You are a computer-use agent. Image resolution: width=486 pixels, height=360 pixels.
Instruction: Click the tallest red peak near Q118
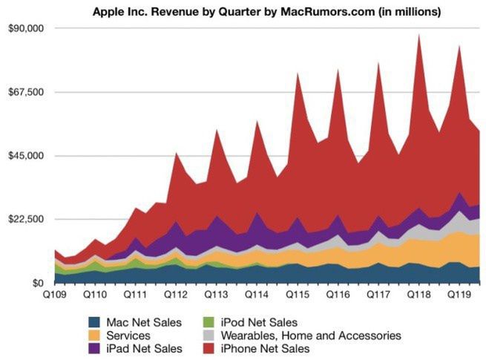pyautogui.click(x=419, y=35)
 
